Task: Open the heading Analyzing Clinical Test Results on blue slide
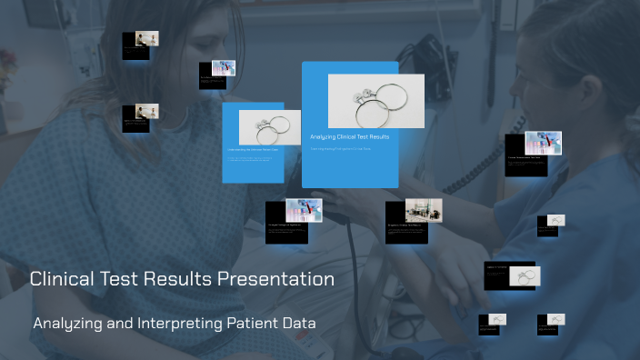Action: [x=349, y=137]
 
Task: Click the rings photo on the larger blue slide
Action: [x=375, y=100]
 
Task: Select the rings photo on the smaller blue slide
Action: [x=269, y=126]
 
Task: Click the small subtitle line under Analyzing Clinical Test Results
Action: [x=340, y=148]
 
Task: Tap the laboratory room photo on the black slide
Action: [x=423, y=210]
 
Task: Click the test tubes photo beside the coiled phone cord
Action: [x=543, y=142]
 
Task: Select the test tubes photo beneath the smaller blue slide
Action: [x=304, y=210]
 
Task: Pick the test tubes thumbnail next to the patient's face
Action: [x=224, y=67]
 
